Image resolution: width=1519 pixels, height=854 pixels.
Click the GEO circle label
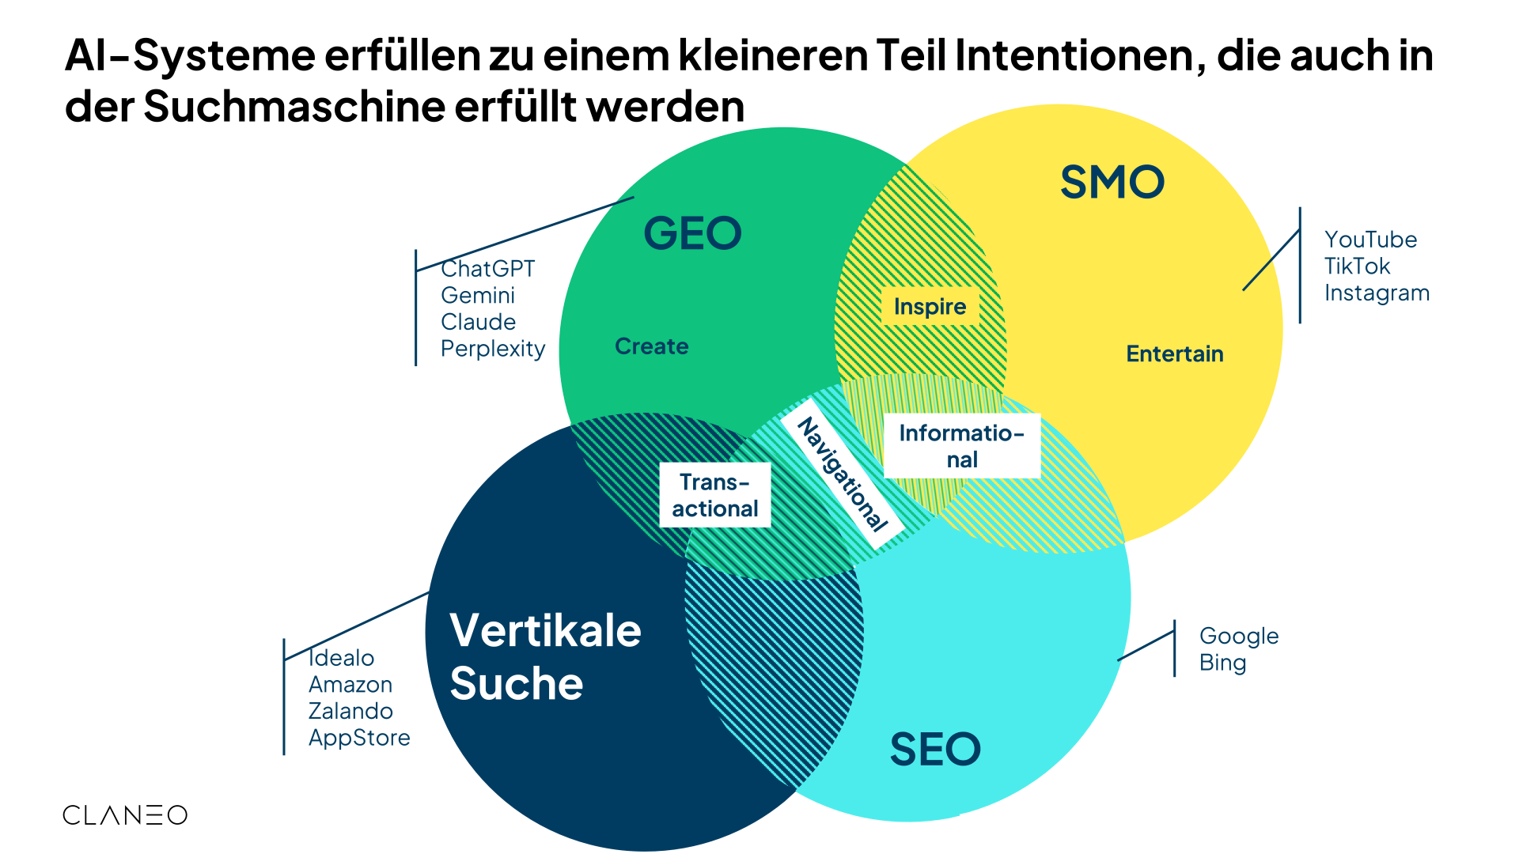click(x=692, y=233)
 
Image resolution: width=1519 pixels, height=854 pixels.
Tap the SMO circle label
click(x=1112, y=182)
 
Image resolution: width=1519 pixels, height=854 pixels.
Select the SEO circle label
click(x=935, y=749)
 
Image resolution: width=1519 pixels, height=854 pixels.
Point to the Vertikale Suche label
click(x=545, y=656)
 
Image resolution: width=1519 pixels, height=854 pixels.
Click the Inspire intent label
click(x=930, y=306)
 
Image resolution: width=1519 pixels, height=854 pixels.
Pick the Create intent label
click(x=651, y=346)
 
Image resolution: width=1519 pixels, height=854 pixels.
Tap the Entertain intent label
click(x=1174, y=353)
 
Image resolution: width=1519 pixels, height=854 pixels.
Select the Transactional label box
click(x=715, y=495)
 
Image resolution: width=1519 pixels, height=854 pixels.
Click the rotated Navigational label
click(x=842, y=474)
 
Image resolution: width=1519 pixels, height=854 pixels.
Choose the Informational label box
click(x=961, y=446)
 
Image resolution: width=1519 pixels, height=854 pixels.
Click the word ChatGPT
click(x=487, y=269)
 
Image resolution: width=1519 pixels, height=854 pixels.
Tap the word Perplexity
click(x=493, y=349)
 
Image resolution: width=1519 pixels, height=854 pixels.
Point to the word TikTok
click(x=1357, y=266)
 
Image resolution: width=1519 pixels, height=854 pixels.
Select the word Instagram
click(x=1377, y=293)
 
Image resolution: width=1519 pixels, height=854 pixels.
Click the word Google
click(x=1238, y=636)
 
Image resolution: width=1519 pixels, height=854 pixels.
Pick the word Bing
click(x=1222, y=663)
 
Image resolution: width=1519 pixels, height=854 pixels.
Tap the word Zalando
click(x=350, y=711)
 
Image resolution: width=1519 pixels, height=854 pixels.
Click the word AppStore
click(x=359, y=738)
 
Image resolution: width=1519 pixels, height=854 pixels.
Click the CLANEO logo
click(x=125, y=815)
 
